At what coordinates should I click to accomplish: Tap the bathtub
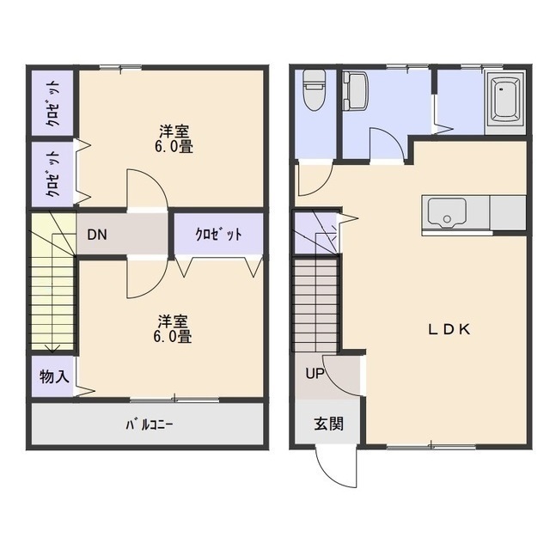coord(505,101)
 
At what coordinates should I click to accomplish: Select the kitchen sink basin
coord(447,213)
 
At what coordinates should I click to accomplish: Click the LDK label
coord(449,329)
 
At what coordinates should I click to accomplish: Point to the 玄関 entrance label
coord(328,424)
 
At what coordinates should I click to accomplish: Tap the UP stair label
coord(315,374)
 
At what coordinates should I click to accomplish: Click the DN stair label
coord(97,235)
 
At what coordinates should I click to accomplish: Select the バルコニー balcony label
coord(149,425)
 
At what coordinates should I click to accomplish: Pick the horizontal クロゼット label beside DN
coord(218,235)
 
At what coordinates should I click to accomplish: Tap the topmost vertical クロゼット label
coord(53,103)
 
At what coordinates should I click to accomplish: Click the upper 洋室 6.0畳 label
coord(174,139)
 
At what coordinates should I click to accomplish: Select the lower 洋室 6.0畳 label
coord(173,328)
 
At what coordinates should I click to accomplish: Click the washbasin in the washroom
coord(355,90)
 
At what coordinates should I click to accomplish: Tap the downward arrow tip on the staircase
coord(52,351)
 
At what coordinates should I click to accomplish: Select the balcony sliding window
coord(174,399)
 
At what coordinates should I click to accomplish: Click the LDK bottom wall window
coord(431,447)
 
